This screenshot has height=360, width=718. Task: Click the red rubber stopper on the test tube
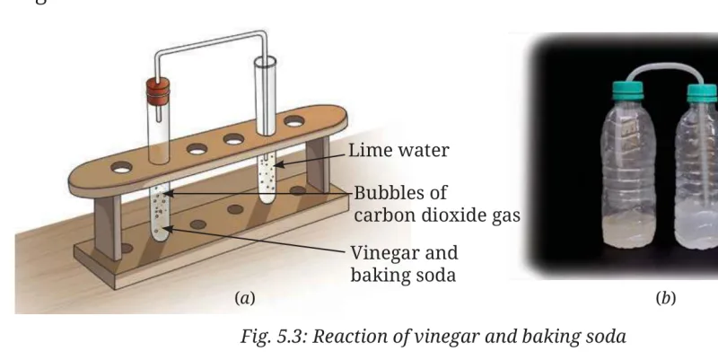[158, 92]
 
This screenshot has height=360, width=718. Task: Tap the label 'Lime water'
[398, 150]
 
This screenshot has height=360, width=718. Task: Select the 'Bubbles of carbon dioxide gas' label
[437, 204]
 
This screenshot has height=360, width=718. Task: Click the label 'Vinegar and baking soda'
[404, 264]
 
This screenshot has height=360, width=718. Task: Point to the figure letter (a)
[245, 299]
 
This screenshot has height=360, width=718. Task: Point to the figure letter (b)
[666, 299]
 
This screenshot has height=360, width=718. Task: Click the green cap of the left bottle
[627, 91]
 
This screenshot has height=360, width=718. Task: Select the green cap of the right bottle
[702, 93]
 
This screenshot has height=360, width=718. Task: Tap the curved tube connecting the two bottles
[665, 71]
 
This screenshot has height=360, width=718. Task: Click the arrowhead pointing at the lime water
[279, 163]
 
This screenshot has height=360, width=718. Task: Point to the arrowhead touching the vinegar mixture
[168, 229]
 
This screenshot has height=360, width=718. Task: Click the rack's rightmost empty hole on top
[294, 121]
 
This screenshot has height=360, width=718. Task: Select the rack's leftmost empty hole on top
[121, 167]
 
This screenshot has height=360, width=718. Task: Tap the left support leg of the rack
[108, 227]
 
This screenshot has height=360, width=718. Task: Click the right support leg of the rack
[318, 164]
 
